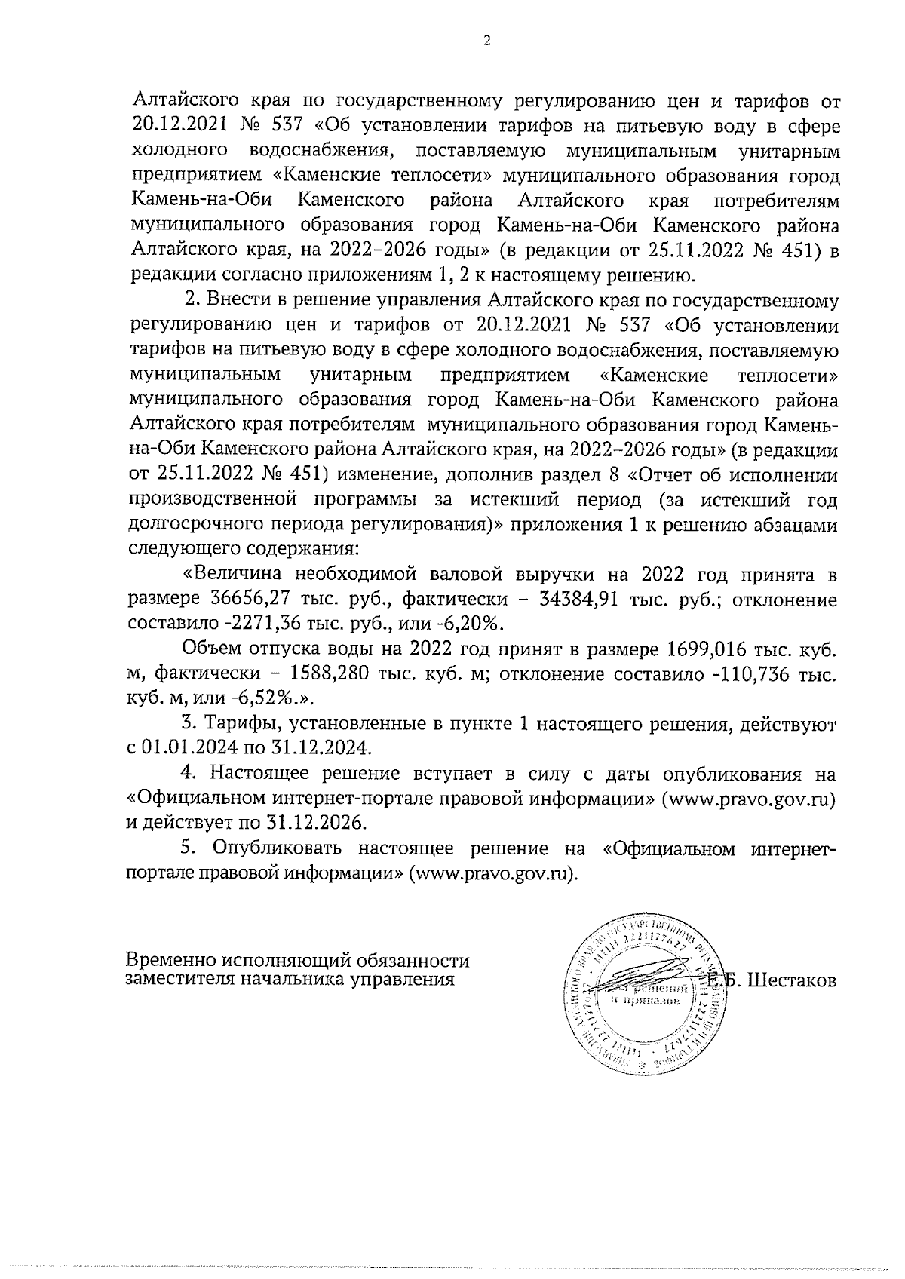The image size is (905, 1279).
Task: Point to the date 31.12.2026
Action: [x=311, y=822]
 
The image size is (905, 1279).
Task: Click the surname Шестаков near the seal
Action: [x=792, y=981]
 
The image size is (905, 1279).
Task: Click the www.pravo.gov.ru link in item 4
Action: [x=747, y=798]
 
